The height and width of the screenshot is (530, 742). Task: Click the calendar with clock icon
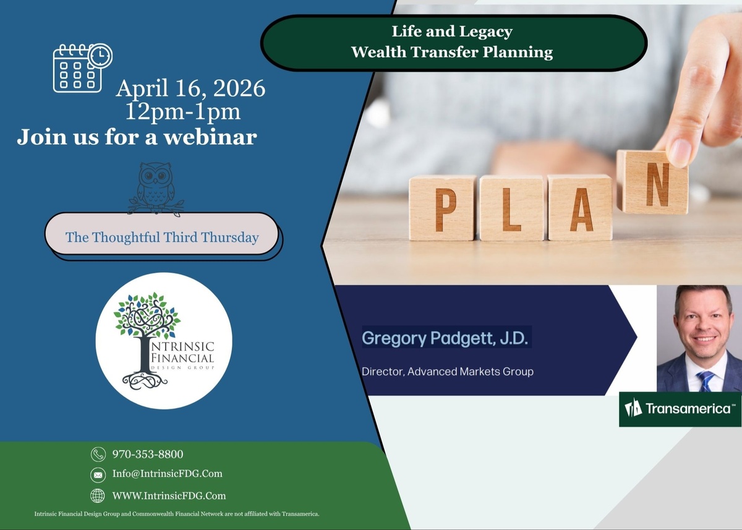coord(82,67)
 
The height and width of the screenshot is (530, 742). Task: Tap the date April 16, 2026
coord(190,88)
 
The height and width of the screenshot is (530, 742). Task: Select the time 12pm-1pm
coord(183,111)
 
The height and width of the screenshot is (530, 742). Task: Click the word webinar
coord(210,137)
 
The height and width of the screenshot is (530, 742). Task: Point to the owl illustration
coord(156,189)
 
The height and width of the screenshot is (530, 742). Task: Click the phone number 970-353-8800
coord(148,454)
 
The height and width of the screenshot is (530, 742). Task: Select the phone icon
coord(98,454)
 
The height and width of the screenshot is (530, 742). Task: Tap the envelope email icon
coord(98,475)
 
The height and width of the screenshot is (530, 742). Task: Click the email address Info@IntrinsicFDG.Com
coord(168,474)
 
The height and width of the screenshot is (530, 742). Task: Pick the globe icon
coord(98,496)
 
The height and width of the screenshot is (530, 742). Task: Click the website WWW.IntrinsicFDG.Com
coord(169,496)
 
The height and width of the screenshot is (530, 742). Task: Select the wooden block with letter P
coord(443,208)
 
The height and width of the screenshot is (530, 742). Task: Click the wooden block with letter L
coord(512,208)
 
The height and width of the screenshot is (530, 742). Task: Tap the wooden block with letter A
coord(580,207)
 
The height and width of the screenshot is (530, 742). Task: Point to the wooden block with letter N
coord(652,182)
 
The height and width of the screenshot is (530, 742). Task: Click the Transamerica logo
coord(680,409)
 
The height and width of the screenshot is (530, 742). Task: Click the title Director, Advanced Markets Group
coord(448,372)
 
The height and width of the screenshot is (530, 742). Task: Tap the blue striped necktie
coord(706,381)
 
